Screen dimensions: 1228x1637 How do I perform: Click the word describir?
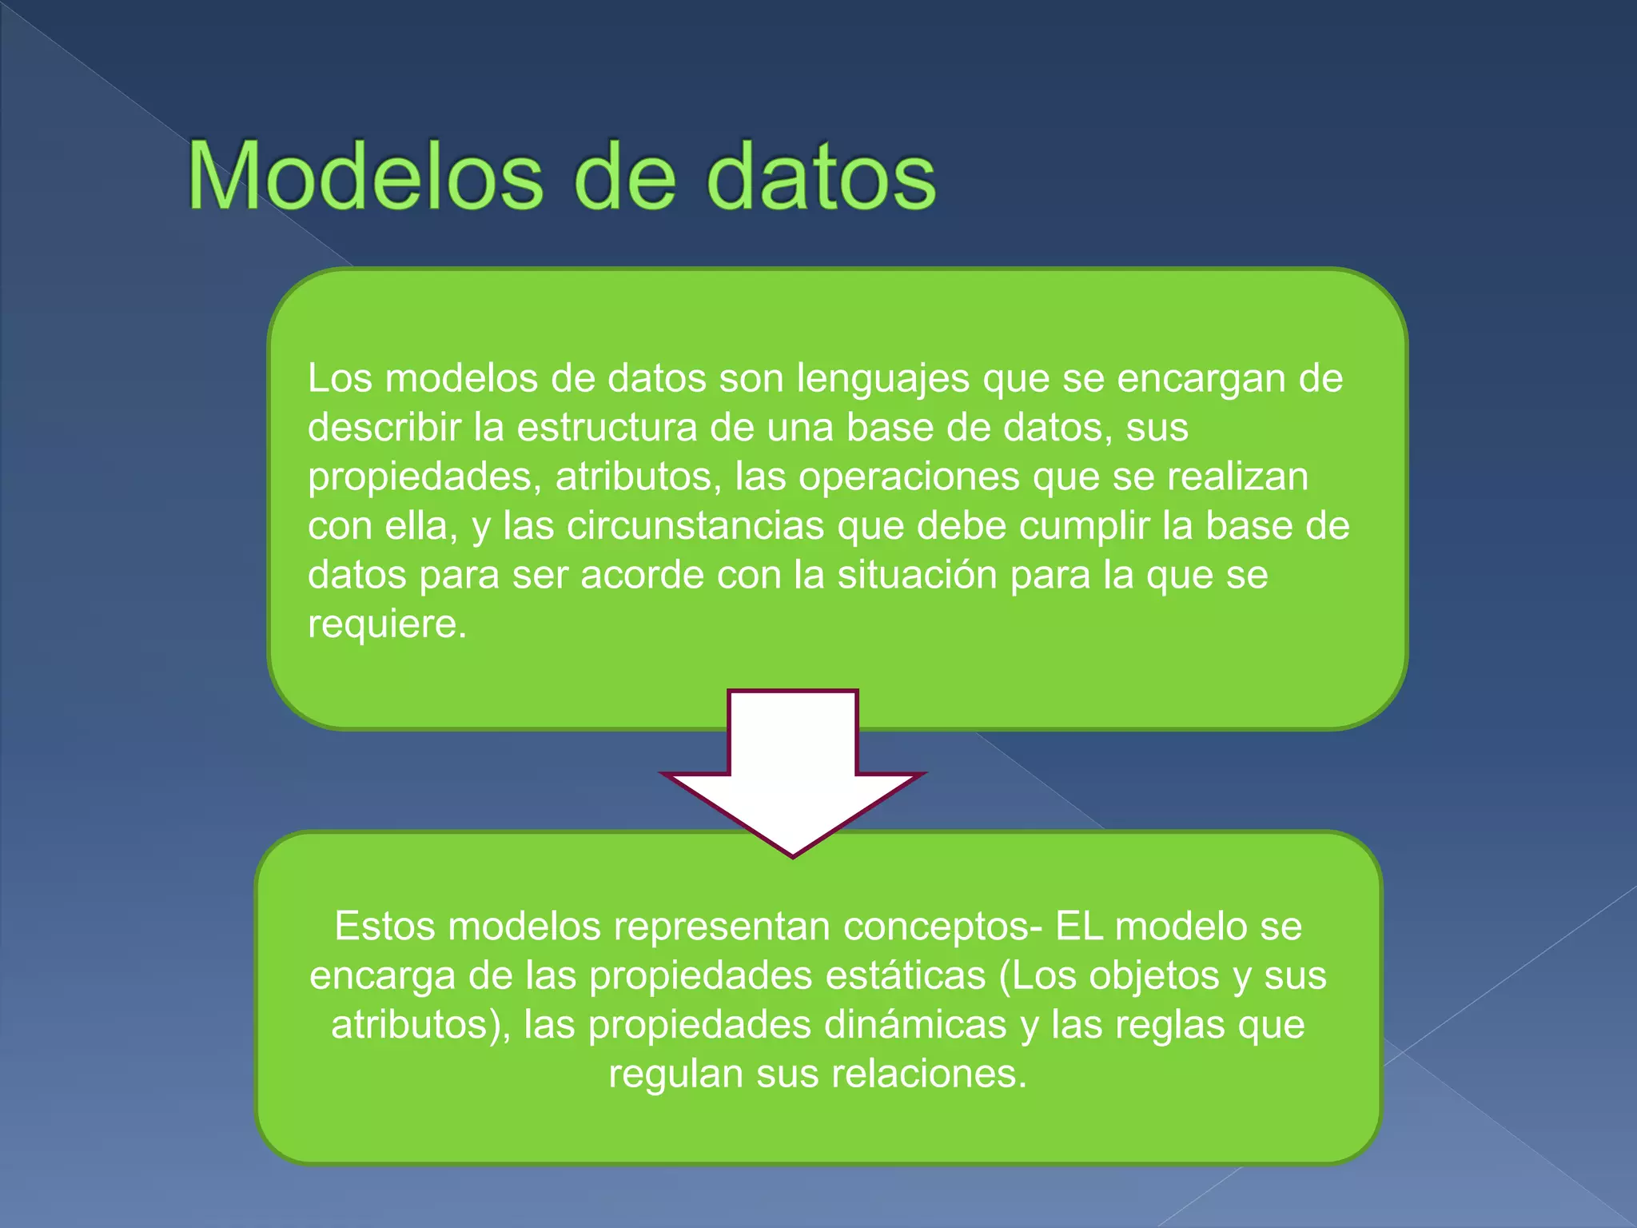384,427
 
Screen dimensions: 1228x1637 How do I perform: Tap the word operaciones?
909,476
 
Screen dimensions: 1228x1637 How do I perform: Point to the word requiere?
387,624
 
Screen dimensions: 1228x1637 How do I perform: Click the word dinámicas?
915,1025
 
